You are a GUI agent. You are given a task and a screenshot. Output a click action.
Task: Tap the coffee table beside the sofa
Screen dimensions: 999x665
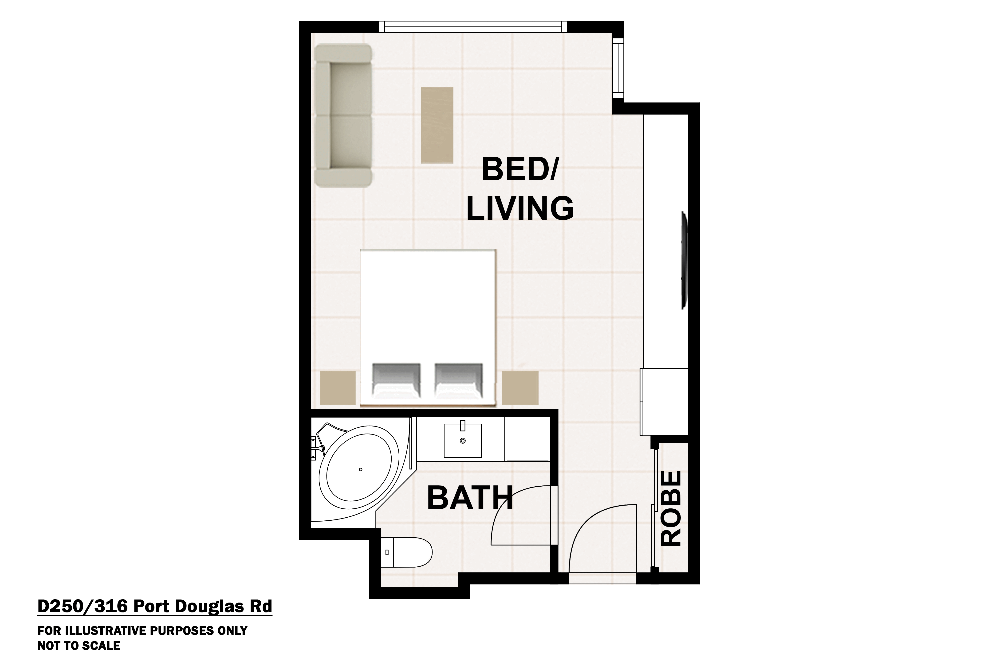(x=437, y=125)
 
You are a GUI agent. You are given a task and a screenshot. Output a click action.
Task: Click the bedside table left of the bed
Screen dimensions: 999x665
(x=338, y=388)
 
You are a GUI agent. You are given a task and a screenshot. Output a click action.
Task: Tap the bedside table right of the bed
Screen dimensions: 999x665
(x=520, y=388)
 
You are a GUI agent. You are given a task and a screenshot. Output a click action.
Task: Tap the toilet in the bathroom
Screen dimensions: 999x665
(x=407, y=552)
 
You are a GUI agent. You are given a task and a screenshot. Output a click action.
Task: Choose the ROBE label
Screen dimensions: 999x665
(x=671, y=508)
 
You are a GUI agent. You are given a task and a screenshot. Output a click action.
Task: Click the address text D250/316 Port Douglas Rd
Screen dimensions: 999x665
(x=154, y=607)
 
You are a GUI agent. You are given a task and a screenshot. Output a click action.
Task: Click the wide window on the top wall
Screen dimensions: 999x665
(x=472, y=26)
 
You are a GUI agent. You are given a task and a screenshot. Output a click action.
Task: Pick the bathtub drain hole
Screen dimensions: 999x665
(x=360, y=469)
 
